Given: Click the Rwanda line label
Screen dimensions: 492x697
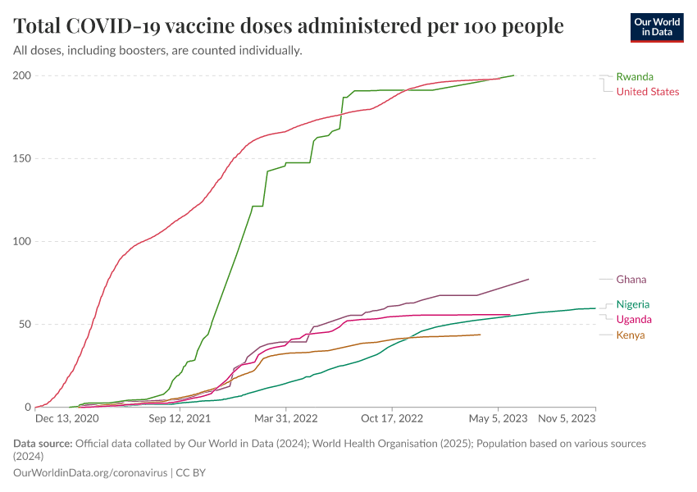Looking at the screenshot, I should [x=635, y=76].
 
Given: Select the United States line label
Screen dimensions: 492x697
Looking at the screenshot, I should [x=647, y=91].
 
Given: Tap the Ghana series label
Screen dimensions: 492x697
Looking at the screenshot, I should [x=631, y=280].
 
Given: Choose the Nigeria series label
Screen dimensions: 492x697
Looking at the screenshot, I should [x=632, y=304].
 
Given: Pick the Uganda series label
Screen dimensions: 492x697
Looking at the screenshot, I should [x=634, y=319].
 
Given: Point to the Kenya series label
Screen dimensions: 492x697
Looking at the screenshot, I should [x=630, y=335].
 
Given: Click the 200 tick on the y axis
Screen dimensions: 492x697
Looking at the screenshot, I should [x=21, y=75].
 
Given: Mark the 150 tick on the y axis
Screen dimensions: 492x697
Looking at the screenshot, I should [x=21, y=158].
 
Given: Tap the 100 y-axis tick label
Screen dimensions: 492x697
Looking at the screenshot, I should [x=21, y=241].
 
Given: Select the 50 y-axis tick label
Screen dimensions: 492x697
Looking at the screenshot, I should [x=24, y=324].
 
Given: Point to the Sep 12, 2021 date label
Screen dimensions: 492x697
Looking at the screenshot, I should [x=180, y=418].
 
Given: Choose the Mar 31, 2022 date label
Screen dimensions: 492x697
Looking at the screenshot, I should [x=285, y=418].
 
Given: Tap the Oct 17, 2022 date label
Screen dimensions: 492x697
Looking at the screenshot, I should [x=392, y=418].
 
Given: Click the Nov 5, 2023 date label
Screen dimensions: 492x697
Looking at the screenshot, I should [x=566, y=418].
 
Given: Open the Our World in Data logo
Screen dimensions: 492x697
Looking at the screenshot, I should [x=657, y=27].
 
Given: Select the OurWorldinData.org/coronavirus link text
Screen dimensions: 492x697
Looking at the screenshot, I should [x=89, y=473].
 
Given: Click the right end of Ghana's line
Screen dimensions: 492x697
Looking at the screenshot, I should [x=529, y=280].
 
